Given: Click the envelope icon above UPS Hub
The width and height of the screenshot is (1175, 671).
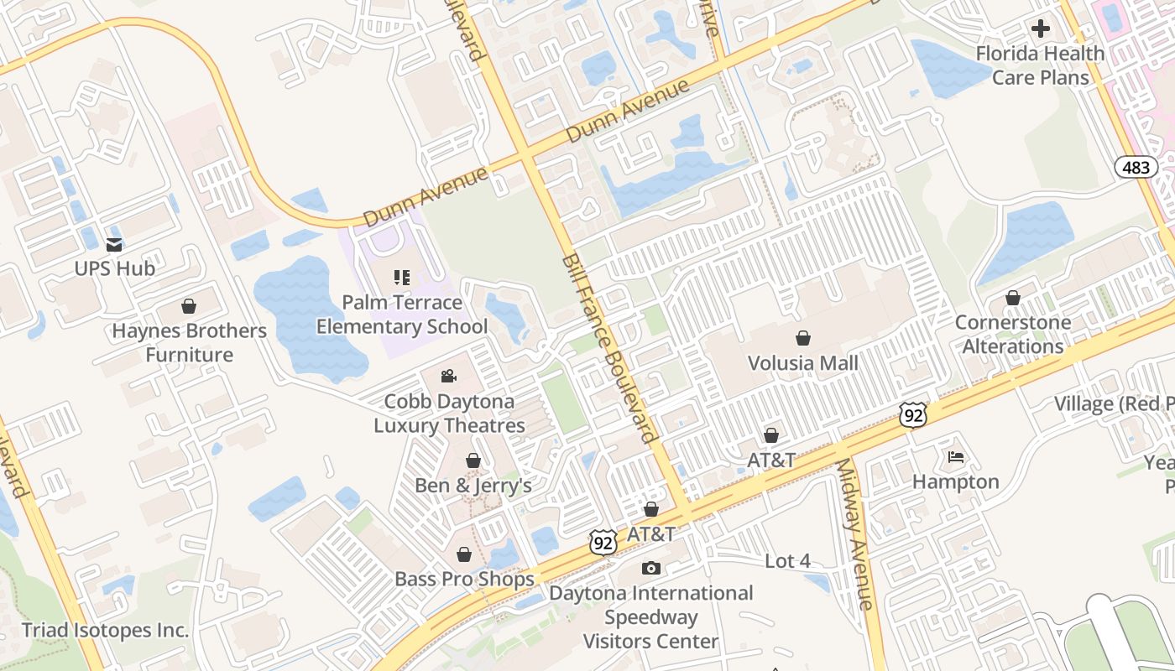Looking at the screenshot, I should (114, 245).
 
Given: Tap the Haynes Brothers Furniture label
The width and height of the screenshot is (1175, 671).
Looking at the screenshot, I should (190, 342).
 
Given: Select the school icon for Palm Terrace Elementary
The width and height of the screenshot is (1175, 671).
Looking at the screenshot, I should (401, 277).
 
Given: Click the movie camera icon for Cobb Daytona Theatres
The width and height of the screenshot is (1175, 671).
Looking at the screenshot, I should (449, 376).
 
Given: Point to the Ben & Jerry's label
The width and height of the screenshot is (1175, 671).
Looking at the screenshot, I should (473, 486).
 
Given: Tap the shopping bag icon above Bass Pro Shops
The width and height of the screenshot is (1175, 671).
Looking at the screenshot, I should (463, 554).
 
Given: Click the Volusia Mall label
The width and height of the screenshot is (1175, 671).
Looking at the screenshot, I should (803, 362).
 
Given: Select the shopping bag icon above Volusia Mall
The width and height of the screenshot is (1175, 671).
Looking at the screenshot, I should (803, 338).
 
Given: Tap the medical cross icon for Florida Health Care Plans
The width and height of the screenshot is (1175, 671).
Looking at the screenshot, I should (1041, 29).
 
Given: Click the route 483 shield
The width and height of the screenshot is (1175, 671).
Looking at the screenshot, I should (1136, 167).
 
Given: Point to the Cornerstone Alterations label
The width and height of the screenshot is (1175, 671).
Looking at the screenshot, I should (1013, 334).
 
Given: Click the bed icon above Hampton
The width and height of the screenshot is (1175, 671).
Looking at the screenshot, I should (956, 457).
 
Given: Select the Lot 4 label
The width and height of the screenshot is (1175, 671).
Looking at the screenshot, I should (787, 561).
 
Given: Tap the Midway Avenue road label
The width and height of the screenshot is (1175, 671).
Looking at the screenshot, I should (855, 533).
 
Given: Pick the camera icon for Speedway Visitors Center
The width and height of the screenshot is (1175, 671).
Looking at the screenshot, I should (650, 569).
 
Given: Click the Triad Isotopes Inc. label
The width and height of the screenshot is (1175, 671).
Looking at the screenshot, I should (106, 630).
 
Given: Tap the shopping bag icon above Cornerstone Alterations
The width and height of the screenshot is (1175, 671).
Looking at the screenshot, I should (1013, 298).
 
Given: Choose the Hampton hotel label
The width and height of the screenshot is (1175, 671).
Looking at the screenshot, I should (956, 481).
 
